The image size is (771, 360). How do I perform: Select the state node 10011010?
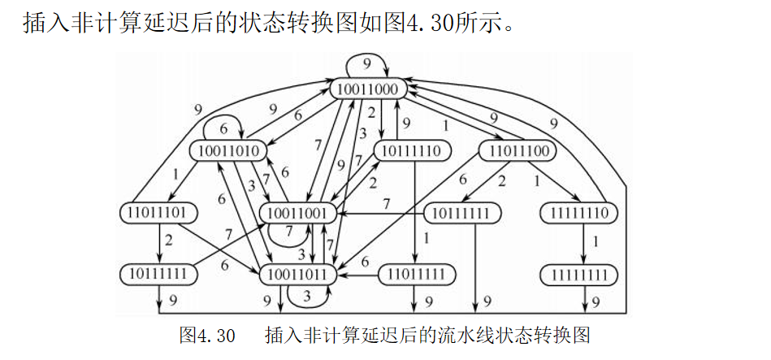coord(229,151)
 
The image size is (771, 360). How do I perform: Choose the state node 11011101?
coord(158,213)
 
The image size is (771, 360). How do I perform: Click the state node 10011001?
coord(298,213)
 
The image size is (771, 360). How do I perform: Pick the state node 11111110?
coord(579,213)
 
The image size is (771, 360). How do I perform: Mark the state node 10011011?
coord(298,275)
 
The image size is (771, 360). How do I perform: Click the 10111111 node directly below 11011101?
coord(158,275)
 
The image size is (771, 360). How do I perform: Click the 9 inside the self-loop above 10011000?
coord(367,63)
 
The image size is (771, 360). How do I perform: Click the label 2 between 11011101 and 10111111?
coord(169,241)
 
